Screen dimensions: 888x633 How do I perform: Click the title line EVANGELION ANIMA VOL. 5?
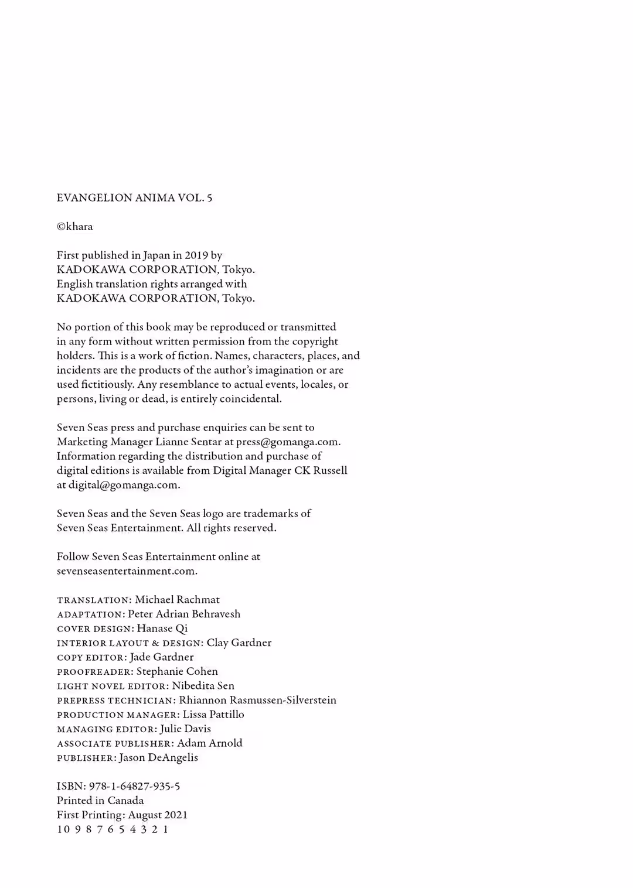(134, 198)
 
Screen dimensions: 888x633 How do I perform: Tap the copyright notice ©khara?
(74, 227)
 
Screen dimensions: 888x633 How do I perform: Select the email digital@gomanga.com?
(124, 485)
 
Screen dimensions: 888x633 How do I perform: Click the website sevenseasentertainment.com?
(127, 571)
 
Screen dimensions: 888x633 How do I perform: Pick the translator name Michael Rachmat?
(177, 600)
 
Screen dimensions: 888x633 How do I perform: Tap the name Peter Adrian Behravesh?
(184, 614)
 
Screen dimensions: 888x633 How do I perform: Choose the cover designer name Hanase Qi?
(162, 629)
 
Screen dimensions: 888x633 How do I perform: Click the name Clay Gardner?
(239, 643)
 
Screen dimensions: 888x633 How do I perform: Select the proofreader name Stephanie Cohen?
(177, 671)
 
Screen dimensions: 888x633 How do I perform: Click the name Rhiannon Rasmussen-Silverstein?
(257, 700)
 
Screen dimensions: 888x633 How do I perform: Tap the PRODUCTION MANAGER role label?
(117, 715)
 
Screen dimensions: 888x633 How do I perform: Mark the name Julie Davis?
(185, 729)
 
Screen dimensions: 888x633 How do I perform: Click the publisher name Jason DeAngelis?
(158, 757)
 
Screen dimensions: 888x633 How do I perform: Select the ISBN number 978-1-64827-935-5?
(134, 786)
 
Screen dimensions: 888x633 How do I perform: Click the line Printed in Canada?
(100, 801)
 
